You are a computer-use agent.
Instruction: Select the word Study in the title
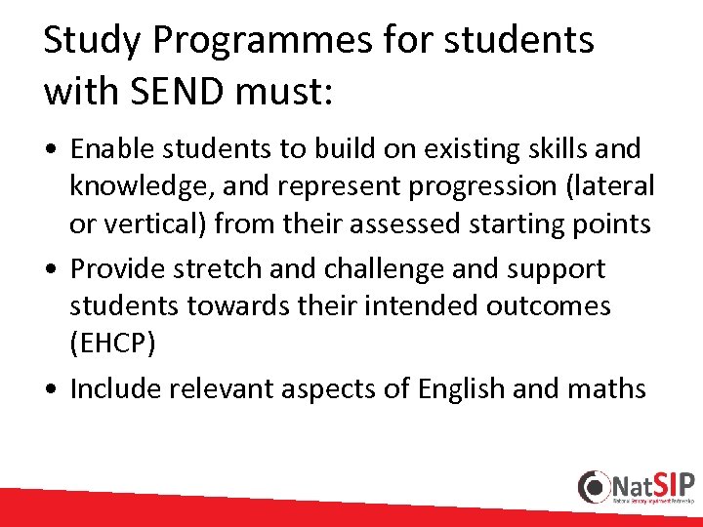tap(87, 41)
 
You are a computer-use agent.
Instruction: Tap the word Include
tap(116, 388)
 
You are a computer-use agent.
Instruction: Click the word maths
tap(607, 388)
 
